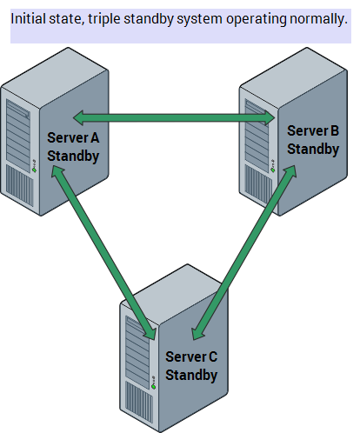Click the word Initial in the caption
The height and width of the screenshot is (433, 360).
point(28,19)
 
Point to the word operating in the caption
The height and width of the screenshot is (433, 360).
point(256,20)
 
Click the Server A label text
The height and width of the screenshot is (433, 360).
point(73,137)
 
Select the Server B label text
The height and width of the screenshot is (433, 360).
point(313,130)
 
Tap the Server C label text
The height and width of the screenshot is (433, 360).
point(191,356)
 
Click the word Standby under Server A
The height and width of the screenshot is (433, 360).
point(73,157)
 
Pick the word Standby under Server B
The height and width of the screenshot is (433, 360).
point(313,150)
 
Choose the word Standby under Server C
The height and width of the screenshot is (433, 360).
point(191,376)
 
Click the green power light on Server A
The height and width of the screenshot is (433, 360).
point(34,170)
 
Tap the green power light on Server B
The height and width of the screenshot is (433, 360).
point(273,170)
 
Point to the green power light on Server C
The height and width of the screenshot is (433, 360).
point(154,387)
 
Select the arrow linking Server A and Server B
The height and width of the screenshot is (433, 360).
point(174,118)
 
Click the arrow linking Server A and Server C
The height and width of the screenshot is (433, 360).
point(103,252)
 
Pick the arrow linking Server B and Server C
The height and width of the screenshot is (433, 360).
point(244,252)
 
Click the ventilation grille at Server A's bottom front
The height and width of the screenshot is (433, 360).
point(19,185)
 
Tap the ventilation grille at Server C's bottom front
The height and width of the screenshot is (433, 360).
point(139,402)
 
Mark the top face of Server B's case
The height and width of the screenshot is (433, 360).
point(293,77)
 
